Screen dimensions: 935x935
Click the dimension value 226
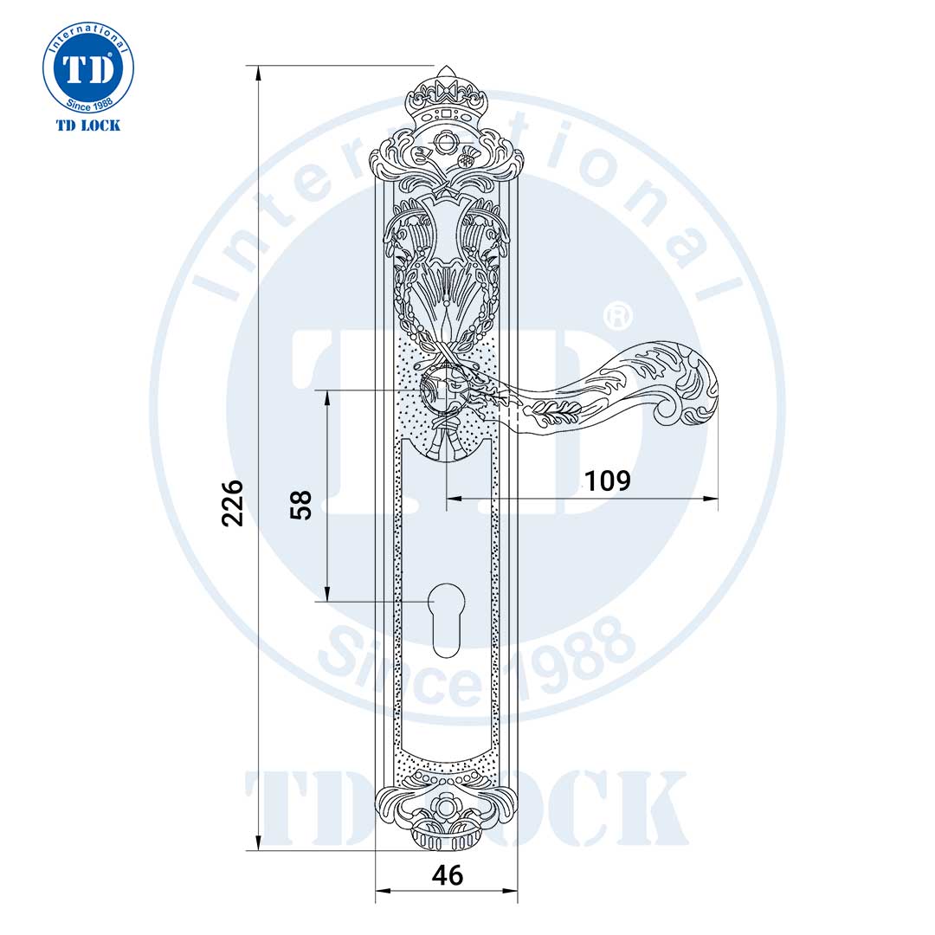(232, 502)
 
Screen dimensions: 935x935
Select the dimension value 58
(300, 504)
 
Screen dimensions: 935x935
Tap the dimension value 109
(607, 480)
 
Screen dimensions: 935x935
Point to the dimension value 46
(447, 875)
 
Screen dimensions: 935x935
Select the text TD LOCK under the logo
(88, 126)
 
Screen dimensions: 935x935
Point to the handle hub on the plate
(445, 391)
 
